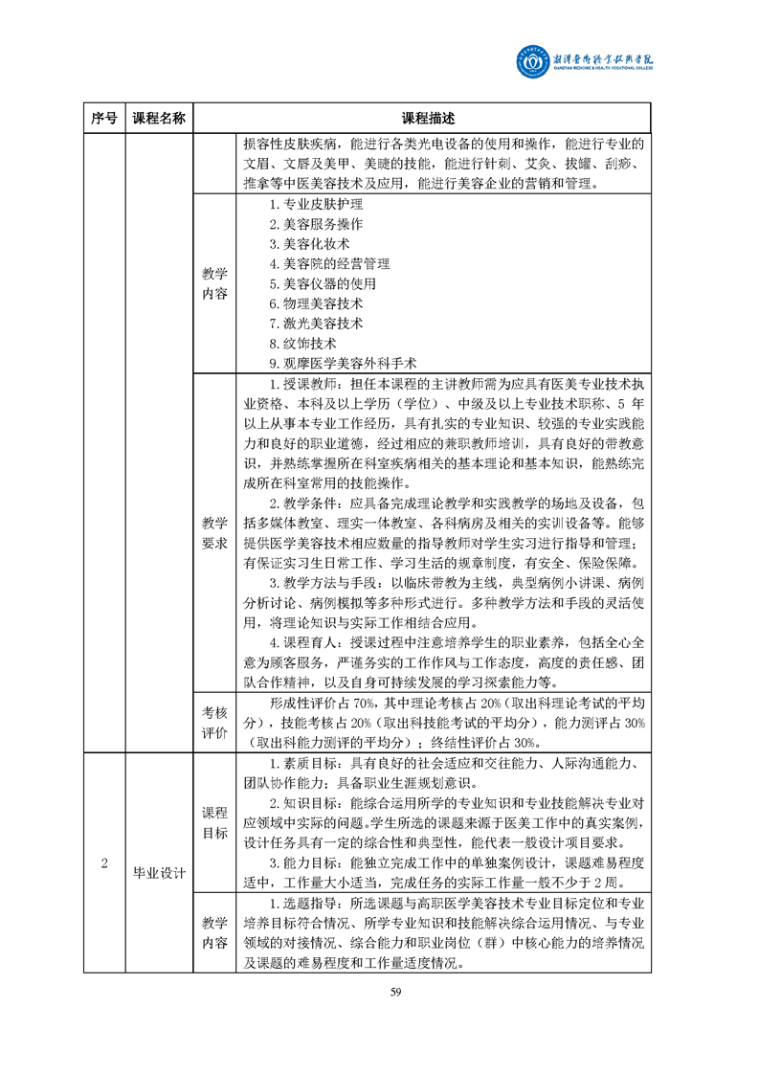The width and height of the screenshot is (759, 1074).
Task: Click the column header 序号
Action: pyautogui.click(x=104, y=119)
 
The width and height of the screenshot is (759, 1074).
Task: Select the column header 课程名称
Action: pyautogui.click(x=159, y=119)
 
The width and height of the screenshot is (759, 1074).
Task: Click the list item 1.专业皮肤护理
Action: pyautogui.click(x=316, y=204)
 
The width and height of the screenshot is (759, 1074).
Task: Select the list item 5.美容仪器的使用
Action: pyautogui.click(x=323, y=284)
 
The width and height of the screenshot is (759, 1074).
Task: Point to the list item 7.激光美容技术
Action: pyautogui.click(x=316, y=324)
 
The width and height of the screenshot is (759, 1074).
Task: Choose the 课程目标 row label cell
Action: pyautogui.click(x=214, y=822)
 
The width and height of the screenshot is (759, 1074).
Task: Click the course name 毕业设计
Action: pyautogui.click(x=159, y=872)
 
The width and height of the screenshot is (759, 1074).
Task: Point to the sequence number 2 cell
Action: pyautogui.click(x=104, y=862)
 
